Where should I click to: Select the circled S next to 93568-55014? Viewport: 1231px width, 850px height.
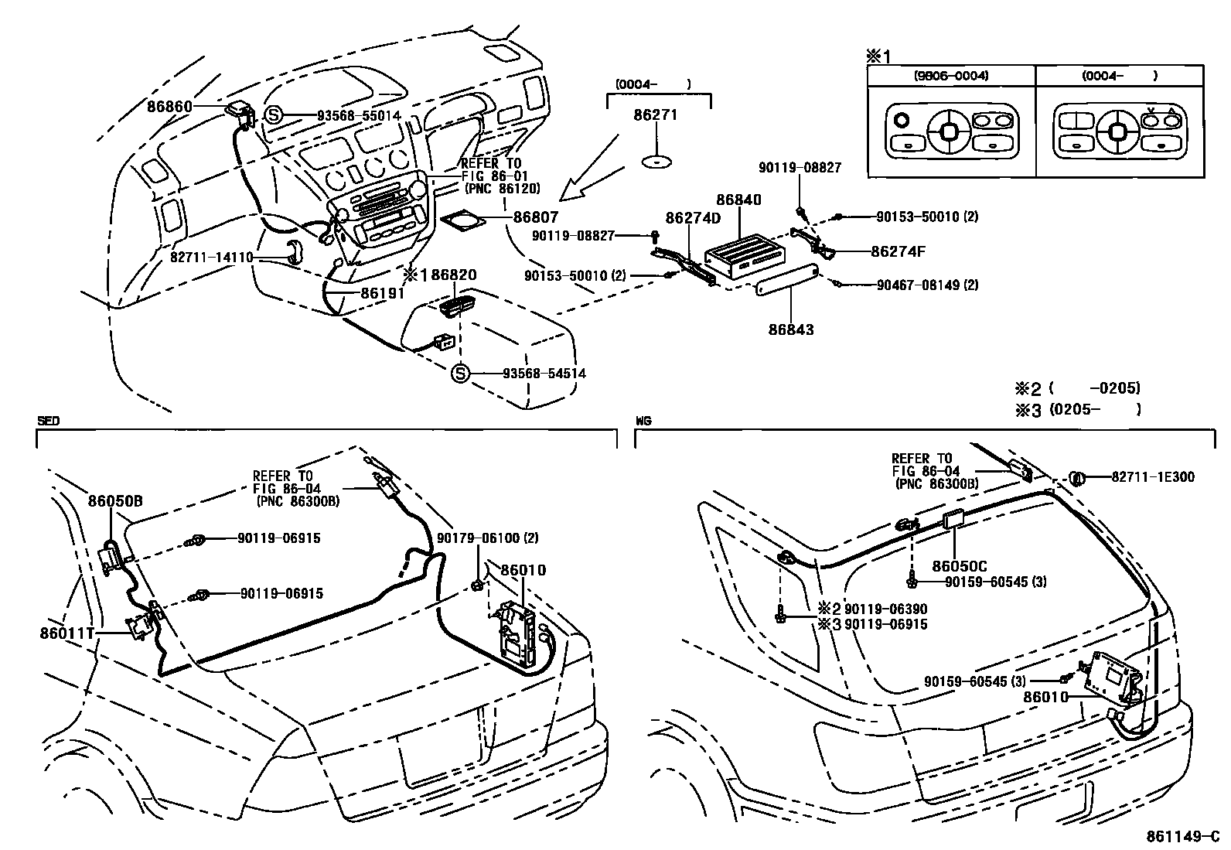tap(273, 116)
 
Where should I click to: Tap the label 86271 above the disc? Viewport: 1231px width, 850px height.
tap(655, 115)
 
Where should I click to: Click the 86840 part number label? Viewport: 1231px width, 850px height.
tap(738, 200)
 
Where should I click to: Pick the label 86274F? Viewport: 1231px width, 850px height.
tap(898, 251)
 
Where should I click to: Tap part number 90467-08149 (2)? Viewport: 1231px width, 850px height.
tap(927, 285)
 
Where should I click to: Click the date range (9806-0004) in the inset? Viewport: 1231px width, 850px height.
tap(950, 76)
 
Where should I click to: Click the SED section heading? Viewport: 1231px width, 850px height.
tap(48, 422)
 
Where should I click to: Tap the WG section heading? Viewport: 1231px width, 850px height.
tap(643, 422)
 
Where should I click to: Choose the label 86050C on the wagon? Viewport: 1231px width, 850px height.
tap(959, 566)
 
